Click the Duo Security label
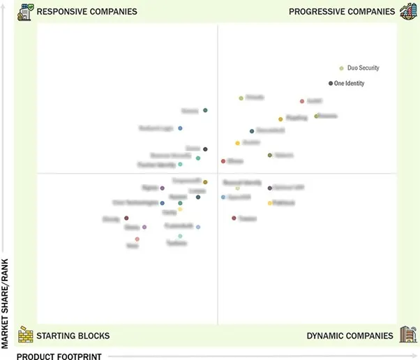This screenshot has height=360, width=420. [x=363, y=68]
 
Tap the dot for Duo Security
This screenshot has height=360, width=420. [x=341, y=68]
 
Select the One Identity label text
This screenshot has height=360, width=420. [x=349, y=83]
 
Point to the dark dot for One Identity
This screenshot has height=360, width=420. [x=331, y=83]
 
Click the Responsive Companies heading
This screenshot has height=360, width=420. [x=87, y=12]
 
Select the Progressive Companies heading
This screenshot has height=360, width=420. [x=341, y=12]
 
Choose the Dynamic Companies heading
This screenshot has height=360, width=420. [x=350, y=336]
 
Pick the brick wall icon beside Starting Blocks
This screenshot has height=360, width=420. [x=26, y=334]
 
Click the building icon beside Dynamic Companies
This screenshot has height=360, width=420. [x=407, y=334]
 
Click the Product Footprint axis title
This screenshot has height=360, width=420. [x=59, y=357]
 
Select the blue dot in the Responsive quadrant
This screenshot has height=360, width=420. [x=180, y=128]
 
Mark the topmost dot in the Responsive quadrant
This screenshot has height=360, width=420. [x=205, y=110]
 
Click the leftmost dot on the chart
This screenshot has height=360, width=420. [x=126, y=218]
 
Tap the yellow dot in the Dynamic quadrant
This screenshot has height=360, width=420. [x=270, y=203]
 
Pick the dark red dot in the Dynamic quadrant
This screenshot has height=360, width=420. [x=234, y=218]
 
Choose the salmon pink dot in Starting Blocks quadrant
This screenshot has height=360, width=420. [x=137, y=239]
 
